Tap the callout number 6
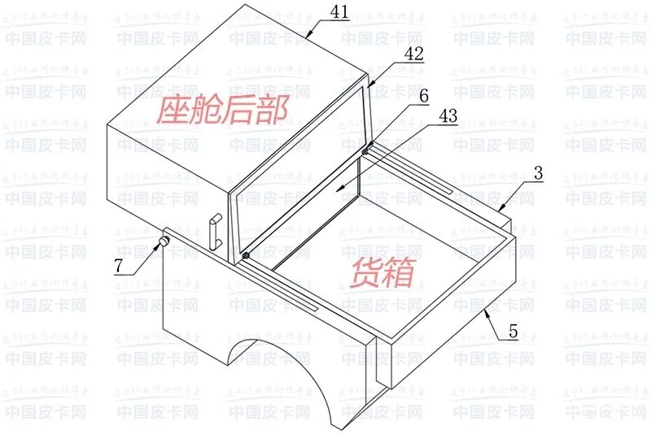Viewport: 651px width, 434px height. pyautogui.click(x=423, y=95)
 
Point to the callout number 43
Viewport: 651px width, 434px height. pyautogui.click(x=448, y=117)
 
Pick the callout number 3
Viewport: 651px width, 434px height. pyautogui.click(x=538, y=174)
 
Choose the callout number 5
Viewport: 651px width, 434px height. pyautogui.click(x=513, y=332)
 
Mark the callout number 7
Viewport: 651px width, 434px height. pyautogui.click(x=121, y=266)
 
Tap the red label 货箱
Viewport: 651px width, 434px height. pyautogui.click(x=382, y=273)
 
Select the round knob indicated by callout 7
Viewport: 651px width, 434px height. pyautogui.click(x=164, y=241)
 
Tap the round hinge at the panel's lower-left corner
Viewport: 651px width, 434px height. pyautogui.click(x=244, y=256)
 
